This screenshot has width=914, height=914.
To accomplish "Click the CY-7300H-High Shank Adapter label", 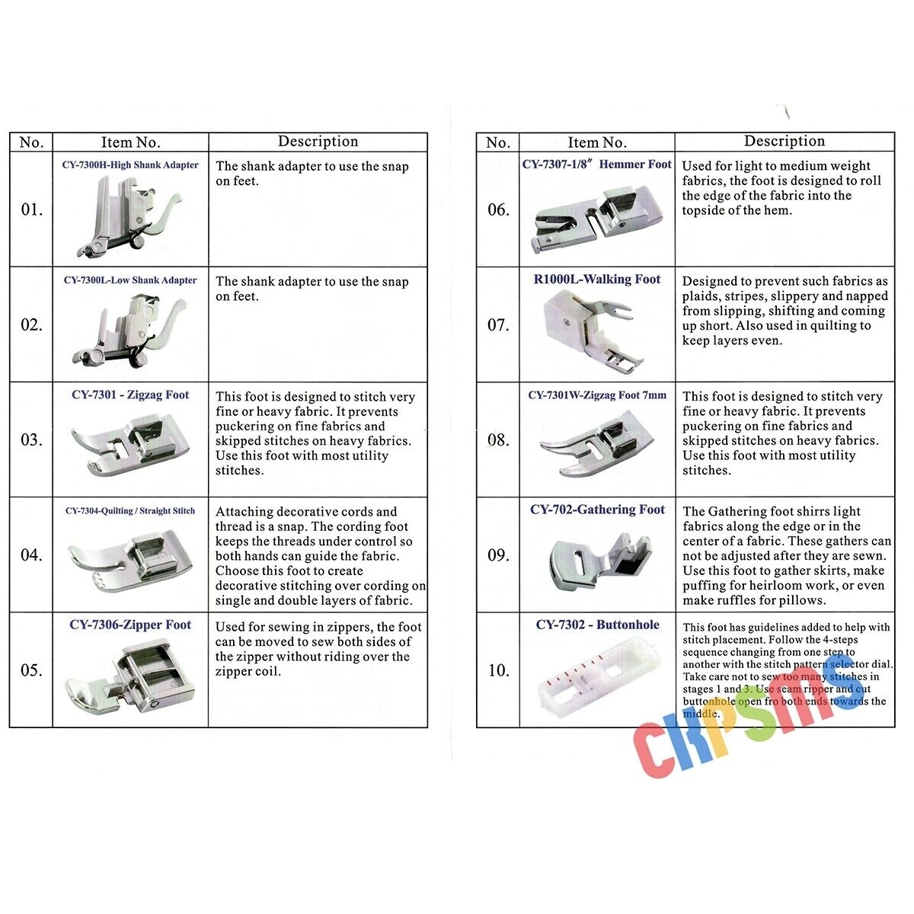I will [130, 165].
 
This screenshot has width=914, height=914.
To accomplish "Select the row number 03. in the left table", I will [31, 440].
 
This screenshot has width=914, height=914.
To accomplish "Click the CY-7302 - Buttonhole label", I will [597, 625].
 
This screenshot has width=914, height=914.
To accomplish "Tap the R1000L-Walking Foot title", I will [597, 280].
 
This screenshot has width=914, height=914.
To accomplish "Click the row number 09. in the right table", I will [498, 555].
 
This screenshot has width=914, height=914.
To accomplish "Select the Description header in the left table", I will [318, 142].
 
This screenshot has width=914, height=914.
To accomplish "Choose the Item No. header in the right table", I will [597, 142].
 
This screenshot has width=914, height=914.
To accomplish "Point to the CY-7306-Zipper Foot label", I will [130, 625].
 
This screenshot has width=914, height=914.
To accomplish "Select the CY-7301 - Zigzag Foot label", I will [130, 395].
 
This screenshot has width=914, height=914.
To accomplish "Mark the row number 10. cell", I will [498, 670].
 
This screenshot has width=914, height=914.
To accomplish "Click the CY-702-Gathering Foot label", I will [597, 510].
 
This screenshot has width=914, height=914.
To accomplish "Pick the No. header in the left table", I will [31, 142].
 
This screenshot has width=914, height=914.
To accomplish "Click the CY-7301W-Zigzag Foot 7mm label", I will [597, 395].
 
